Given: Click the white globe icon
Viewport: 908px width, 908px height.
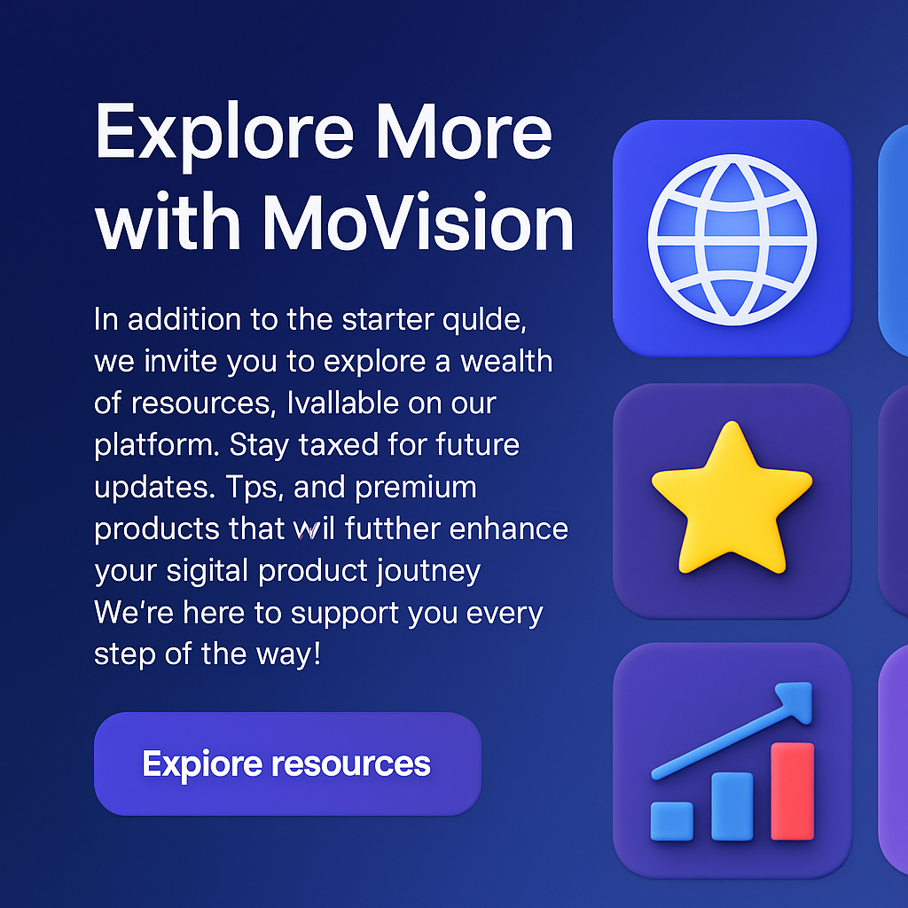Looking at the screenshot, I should click(732, 237).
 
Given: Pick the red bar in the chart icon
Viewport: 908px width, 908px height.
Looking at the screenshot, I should click(792, 791).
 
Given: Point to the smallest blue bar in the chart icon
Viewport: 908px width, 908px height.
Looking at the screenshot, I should click(671, 820).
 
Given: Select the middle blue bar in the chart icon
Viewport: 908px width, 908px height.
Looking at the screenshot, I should click(732, 806).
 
